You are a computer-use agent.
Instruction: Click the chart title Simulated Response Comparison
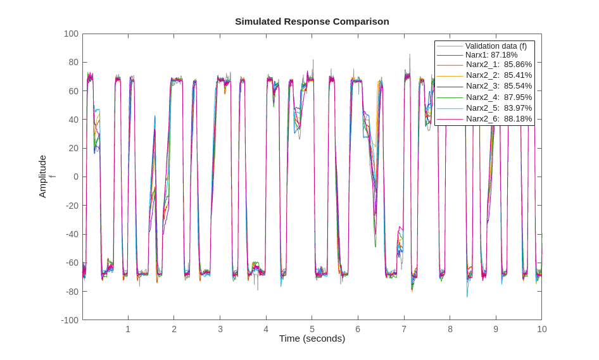[312, 22]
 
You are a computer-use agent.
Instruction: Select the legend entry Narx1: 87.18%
[491, 55]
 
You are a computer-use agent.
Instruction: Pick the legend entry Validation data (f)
[496, 46]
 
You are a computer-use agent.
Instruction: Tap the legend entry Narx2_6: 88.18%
[498, 119]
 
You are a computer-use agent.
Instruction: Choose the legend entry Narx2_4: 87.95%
[498, 97]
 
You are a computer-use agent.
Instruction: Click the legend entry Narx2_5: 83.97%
[498, 108]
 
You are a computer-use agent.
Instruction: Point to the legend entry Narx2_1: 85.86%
[498, 65]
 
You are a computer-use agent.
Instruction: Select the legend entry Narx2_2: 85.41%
[498, 75]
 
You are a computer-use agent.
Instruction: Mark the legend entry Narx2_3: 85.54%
[498, 86]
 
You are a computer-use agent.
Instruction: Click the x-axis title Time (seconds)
[312, 338]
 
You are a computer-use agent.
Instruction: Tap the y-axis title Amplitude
[43, 177]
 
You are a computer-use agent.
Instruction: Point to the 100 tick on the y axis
[71, 34]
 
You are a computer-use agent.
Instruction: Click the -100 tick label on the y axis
[70, 320]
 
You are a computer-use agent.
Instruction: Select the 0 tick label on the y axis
[75, 177]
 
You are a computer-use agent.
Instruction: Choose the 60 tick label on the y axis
[73, 91]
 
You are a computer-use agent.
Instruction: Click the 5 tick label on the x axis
[312, 329]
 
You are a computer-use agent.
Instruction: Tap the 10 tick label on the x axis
[541, 329]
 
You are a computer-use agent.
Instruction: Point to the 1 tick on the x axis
[128, 329]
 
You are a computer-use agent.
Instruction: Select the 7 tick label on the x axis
[404, 329]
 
